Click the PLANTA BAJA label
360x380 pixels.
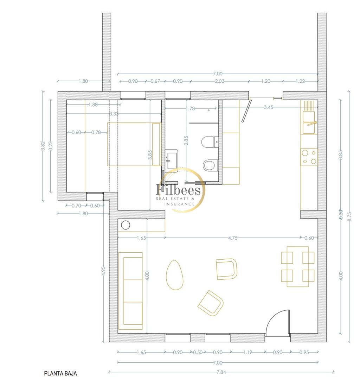[x=60, y=373]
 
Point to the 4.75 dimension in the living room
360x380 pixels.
[x=233, y=238]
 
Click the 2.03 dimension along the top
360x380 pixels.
[x=219, y=81]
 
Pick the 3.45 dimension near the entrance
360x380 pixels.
[x=268, y=107]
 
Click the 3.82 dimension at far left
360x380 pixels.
[x=43, y=146]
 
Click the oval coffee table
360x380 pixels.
[x=174, y=274]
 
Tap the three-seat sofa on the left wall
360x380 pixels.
[x=130, y=291]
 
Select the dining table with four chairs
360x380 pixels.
[x=298, y=266]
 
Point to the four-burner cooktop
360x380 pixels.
[x=309, y=157]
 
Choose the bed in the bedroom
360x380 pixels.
[x=134, y=144]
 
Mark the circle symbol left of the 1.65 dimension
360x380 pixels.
[x=126, y=225]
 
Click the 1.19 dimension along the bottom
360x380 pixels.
[x=247, y=352]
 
